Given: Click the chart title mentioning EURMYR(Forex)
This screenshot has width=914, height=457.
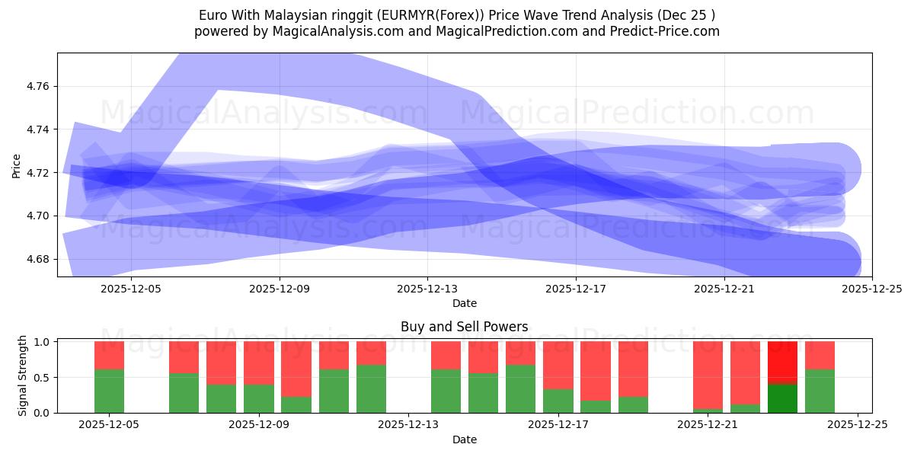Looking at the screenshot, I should coord(457,15).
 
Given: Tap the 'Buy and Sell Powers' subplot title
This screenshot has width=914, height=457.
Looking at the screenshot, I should coord(464,327).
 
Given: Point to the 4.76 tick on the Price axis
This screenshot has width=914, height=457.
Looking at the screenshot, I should coord(38,87).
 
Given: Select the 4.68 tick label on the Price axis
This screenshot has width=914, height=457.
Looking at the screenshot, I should coord(38,259).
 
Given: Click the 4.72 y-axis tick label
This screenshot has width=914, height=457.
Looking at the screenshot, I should coord(38,173).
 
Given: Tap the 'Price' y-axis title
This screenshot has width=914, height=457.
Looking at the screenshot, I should coord(16,165).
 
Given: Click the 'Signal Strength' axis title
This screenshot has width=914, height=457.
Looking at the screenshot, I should coord(23,376).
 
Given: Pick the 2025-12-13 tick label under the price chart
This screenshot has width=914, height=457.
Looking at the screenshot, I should coord(427,289).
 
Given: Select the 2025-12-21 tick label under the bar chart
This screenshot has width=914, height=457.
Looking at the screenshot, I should coord(708,425).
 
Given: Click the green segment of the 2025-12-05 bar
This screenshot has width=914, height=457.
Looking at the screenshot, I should coord(109,391).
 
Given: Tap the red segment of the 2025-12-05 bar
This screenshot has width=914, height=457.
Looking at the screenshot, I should coord(109,355).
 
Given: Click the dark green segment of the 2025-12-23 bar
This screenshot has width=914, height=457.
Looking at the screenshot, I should coord(782,398).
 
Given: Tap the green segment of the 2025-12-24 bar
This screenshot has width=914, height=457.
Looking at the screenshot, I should coord(820,391).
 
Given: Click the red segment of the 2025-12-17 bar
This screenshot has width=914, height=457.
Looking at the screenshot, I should coord(558,365).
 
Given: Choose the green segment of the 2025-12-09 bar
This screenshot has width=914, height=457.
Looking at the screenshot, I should coord(258,398).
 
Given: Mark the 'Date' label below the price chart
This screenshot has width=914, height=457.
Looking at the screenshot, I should coord(464,303).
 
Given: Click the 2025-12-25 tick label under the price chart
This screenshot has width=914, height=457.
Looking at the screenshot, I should coord(871,289).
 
